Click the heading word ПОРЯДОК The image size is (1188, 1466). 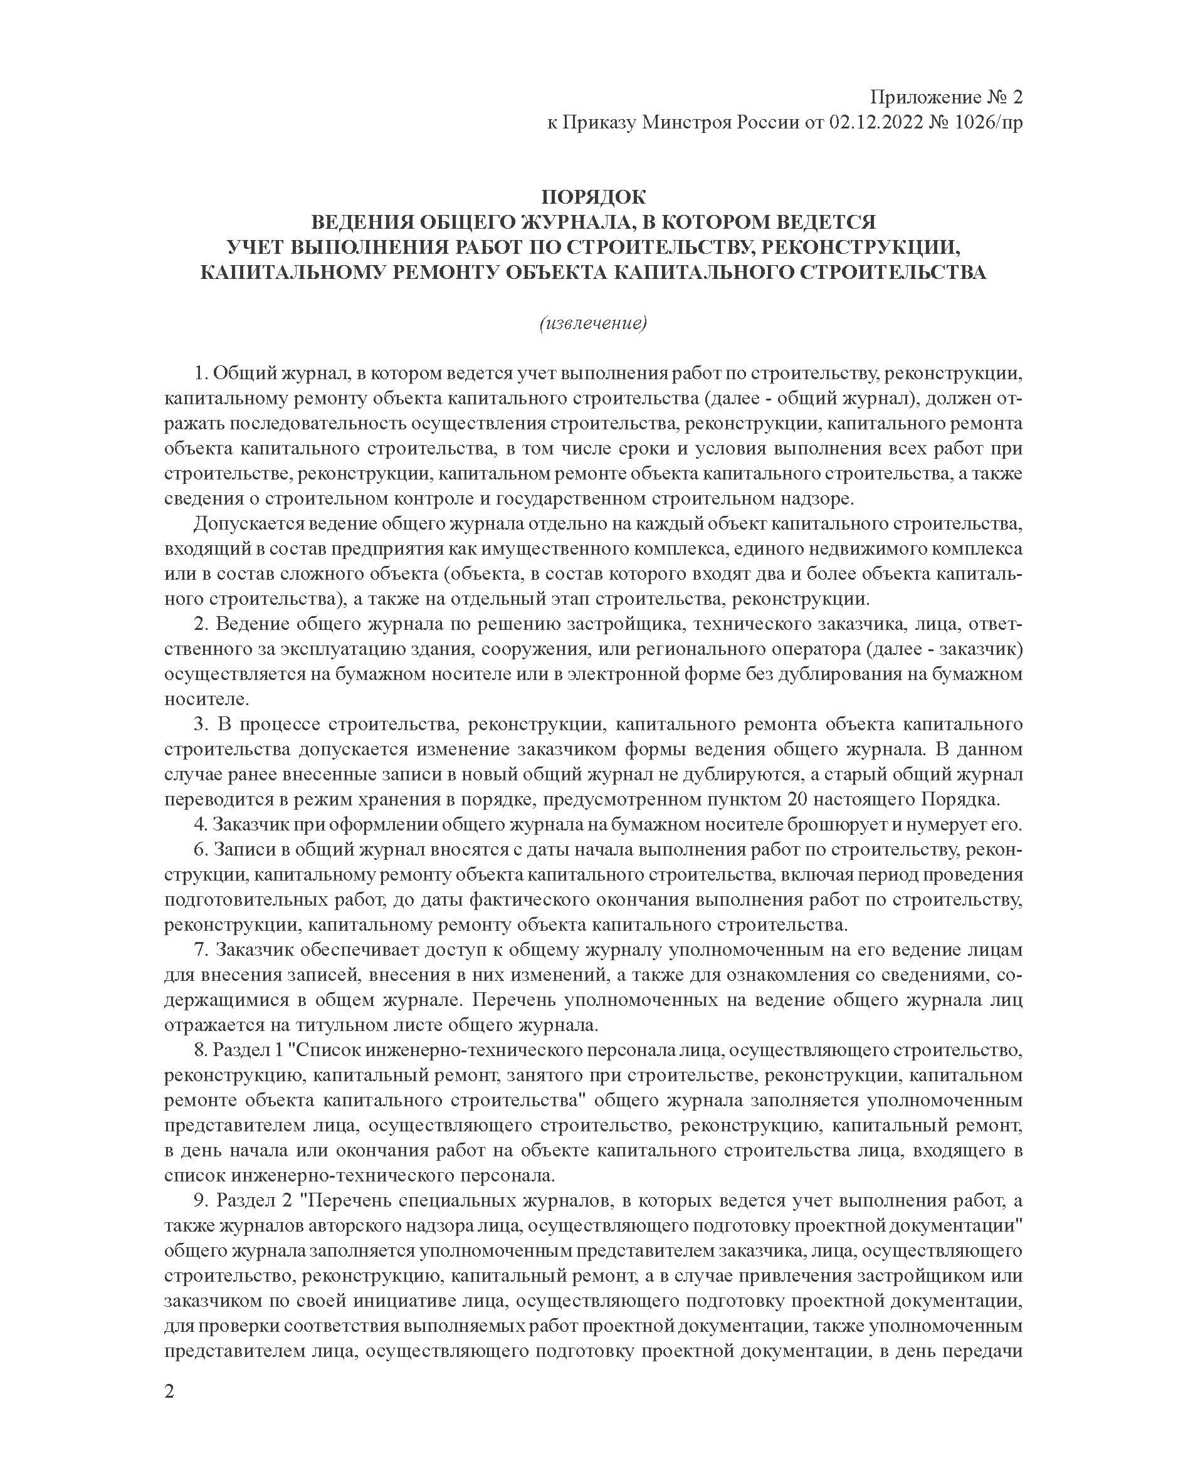(x=592, y=197)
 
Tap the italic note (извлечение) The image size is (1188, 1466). (x=592, y=323)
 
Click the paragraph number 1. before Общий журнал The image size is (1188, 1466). (x=201, y=374)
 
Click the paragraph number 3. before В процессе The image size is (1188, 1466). (x=201, y=724)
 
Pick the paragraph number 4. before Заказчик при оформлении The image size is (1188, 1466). (x=201, y=824)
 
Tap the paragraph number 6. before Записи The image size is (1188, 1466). (x=201, y=849)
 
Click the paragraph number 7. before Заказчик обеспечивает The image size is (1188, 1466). (x=201, y=950)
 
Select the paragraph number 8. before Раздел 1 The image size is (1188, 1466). (x=201, y=1050)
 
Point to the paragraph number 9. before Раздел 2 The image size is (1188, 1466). (x=201, y=1201)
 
